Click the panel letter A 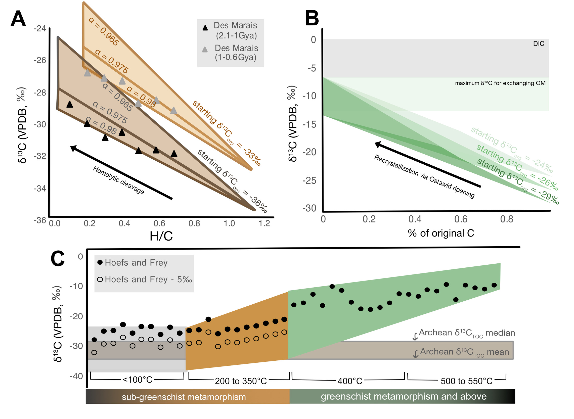[18, 19]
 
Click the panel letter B [312, 18]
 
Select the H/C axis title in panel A [161, 236]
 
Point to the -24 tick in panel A [40, 28]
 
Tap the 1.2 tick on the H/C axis [264, 223]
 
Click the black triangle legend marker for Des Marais [205, 28]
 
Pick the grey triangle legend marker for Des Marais [205, 50]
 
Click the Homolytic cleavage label [118, 180]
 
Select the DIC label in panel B [539, 44]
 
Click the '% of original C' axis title [441, 233]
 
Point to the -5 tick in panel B [312, 68]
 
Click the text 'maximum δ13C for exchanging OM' [500, 83]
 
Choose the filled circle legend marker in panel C [100, 262]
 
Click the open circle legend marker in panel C [100, 280]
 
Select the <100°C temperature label [137, 380]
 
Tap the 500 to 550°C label [466, 381]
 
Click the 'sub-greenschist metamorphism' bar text [184, 397]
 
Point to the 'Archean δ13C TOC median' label [467, 333]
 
